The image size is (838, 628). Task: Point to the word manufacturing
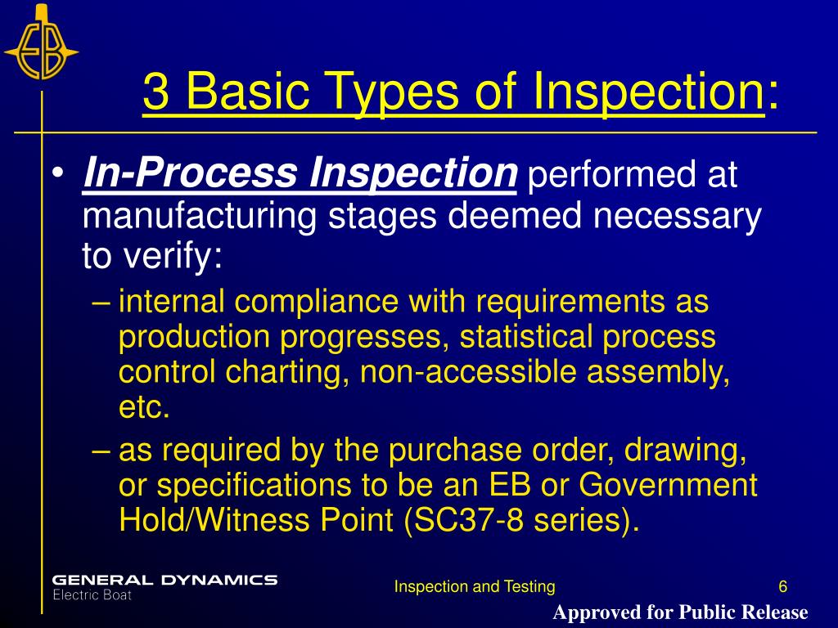click(201, 216)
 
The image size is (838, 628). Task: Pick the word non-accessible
click(467, 372)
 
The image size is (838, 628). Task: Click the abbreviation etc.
click(145, 407)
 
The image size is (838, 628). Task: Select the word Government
click(668, 485)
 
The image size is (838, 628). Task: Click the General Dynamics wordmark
click(164, 580)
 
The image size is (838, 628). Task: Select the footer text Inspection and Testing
click(475, 586)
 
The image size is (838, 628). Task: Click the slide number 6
click(783, 586)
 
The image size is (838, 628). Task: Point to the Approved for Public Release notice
click(680, 612)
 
